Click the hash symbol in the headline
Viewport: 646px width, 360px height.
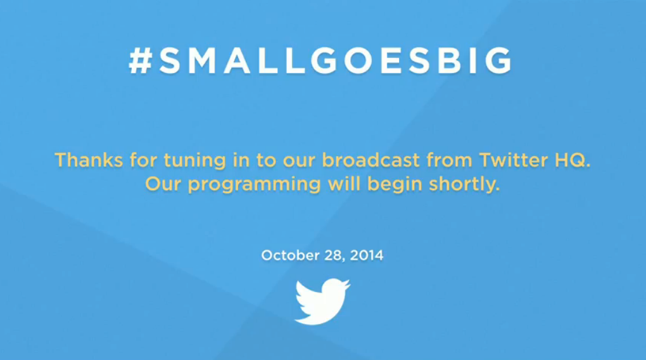pos(141,61)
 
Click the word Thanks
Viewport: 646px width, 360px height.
pos(89,160)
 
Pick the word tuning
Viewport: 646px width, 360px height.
pos(194,162)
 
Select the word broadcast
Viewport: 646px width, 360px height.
pos(370,160)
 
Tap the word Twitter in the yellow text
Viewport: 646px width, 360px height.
pos(514,160)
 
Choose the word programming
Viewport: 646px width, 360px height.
pos(254,185)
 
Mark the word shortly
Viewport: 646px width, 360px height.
pos(464,185)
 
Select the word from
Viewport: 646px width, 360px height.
pos(449,160)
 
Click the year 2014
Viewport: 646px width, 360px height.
pos(367,255)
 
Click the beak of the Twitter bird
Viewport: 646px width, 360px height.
pos(347,283)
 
